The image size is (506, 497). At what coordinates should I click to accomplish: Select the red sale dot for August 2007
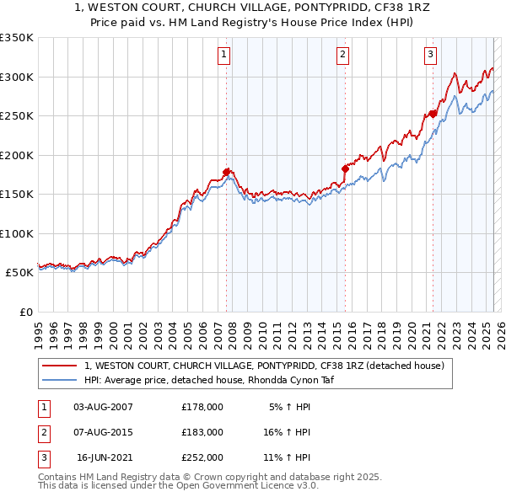tap(227, 173)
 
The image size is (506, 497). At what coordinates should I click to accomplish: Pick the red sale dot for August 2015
tap(345, 168)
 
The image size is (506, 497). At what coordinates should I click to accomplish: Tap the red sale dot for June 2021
tap(433, 114)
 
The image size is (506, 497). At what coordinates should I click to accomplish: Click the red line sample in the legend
tap(60, 366)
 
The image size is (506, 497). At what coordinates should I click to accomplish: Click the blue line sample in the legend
tap(60, 380)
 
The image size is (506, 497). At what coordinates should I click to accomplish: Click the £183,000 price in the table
tap(202, 432)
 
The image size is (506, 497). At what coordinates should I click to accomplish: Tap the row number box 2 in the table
tap(42, 432)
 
